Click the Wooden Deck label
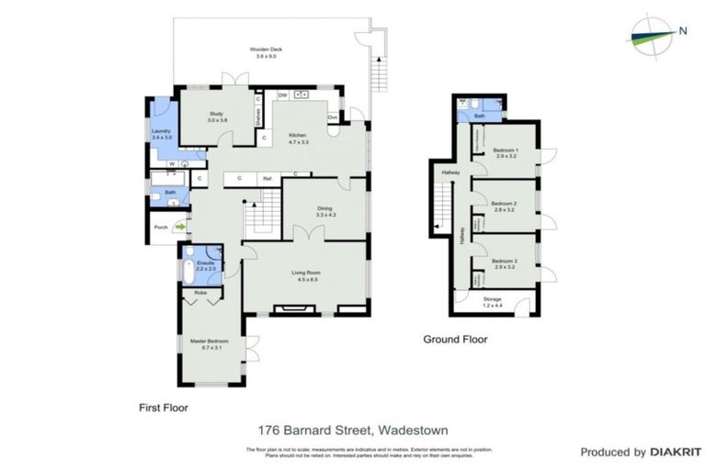click(263, 52)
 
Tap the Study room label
click(216, 117)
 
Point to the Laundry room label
click(161, 134)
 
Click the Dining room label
click(325, 211)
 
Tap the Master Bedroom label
click(210, 344)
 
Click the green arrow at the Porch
click(180, 227)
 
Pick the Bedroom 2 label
click(504, 207)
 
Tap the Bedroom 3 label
click(505, 263)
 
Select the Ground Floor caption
click(455, 340)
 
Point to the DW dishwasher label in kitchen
click(283, 95)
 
